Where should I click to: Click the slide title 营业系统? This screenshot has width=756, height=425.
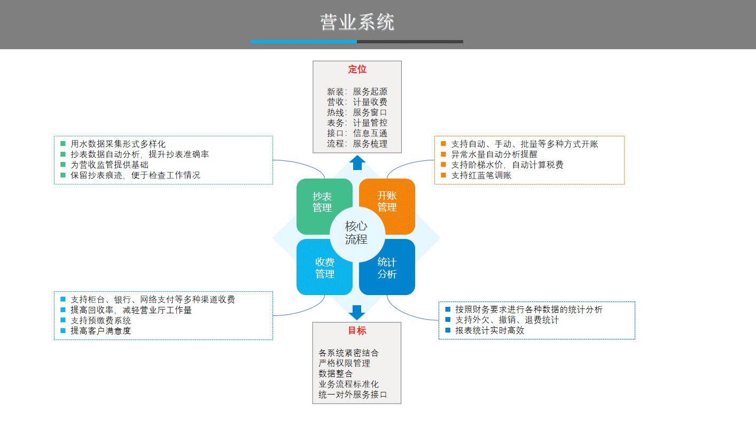[357, 22]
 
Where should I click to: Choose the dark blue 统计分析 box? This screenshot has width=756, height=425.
[387, 268]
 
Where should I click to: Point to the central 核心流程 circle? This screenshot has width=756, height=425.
[356, 233]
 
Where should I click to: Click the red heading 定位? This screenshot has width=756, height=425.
[357, 69]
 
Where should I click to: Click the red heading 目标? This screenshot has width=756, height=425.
[357, 330]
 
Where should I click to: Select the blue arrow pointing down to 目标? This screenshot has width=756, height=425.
[357, 312]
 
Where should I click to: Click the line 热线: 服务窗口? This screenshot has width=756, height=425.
[357, 112]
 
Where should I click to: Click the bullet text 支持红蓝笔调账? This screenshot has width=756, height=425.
[481, 175]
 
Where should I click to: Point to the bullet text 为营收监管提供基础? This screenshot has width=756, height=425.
[109, 165]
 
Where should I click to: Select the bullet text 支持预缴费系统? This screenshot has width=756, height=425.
[100, 320]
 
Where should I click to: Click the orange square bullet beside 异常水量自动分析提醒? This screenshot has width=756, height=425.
[443, 154]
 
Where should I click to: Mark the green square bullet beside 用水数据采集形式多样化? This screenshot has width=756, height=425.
[63, 144]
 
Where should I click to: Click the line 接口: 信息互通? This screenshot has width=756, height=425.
[357, 133]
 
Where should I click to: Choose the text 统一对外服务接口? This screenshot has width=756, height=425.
[353, 395]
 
